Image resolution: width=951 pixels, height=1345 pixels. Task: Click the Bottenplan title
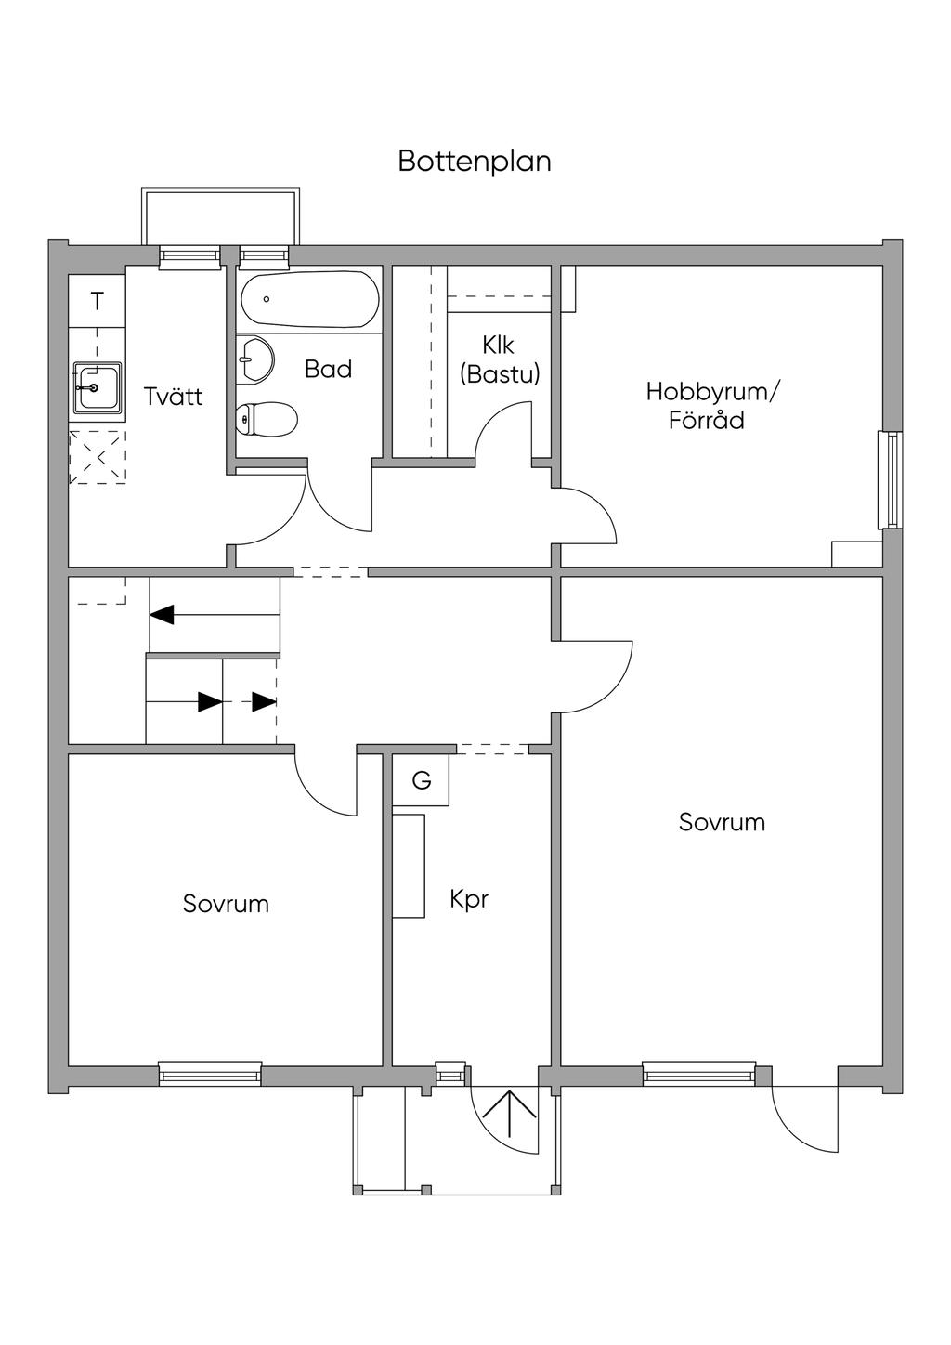[x=475, y=162]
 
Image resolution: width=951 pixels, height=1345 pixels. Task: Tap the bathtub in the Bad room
[x=310, y=299]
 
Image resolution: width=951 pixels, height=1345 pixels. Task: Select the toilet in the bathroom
[x=266, y=419]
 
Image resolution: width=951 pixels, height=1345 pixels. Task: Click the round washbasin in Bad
[x=254, y=359]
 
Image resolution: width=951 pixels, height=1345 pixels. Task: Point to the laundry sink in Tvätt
[x=98, y=387]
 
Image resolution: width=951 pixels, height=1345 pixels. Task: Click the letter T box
[x=97, y=301]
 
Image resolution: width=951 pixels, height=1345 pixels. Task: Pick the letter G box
[x=421, y=780]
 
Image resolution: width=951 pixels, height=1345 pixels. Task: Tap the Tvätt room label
[x=173, y=397]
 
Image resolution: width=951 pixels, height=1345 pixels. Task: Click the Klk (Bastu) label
[x=500, y=359]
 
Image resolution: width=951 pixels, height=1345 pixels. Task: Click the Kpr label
[x=469, y=899]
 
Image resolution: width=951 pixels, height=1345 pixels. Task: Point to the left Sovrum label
[x=226, y=904]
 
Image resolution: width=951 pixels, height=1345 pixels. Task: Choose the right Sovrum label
[x=722, y=822]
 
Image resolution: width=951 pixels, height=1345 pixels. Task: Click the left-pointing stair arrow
[x=215, y=614]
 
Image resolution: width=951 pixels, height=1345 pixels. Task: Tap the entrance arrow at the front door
[x=509, y=1114]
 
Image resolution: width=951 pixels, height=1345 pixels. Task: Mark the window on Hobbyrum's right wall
[x=891, y=479]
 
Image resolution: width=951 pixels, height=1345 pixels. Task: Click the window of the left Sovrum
[x=210, y=1074]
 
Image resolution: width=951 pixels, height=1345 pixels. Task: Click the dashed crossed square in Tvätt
[x=98, y=458]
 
